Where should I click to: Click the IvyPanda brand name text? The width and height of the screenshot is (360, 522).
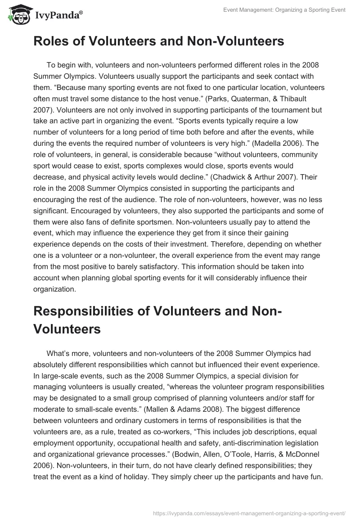click(x=57, y=15)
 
